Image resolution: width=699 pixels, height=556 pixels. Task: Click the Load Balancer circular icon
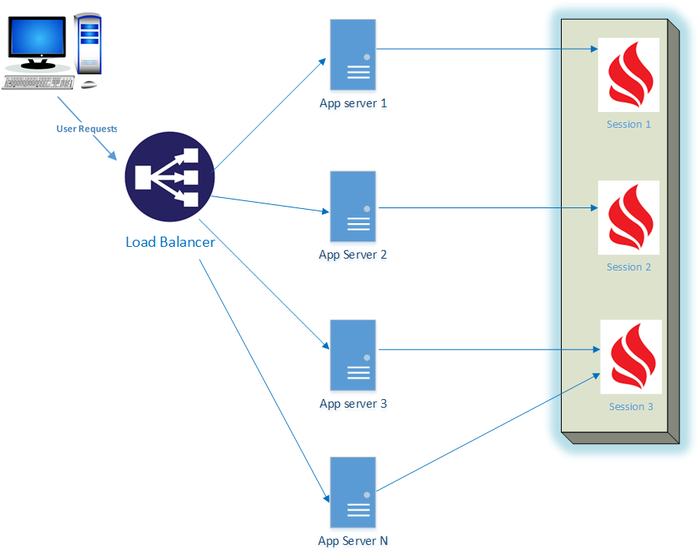point(170,177)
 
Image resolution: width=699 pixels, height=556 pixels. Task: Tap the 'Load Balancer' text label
point(170,242)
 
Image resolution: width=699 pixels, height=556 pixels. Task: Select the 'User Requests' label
point(86,129)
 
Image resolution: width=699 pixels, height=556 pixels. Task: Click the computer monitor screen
point(37,37)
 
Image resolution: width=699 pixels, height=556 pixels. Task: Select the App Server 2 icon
point(353,206)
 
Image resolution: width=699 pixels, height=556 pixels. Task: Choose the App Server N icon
point(353,492)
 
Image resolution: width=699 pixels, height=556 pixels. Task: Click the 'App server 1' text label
point(353,103)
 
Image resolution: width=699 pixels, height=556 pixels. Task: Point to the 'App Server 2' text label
point(353,255)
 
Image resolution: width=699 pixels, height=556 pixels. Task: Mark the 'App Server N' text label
point(353,541)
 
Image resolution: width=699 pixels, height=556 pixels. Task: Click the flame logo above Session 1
point(628,75)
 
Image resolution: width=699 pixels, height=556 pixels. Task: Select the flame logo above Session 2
point(628,218)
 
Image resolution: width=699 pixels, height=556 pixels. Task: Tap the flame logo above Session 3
point(631,356)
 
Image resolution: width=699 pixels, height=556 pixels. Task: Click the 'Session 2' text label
point(628,267)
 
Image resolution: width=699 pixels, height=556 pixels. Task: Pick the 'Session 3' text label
point(631,407)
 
